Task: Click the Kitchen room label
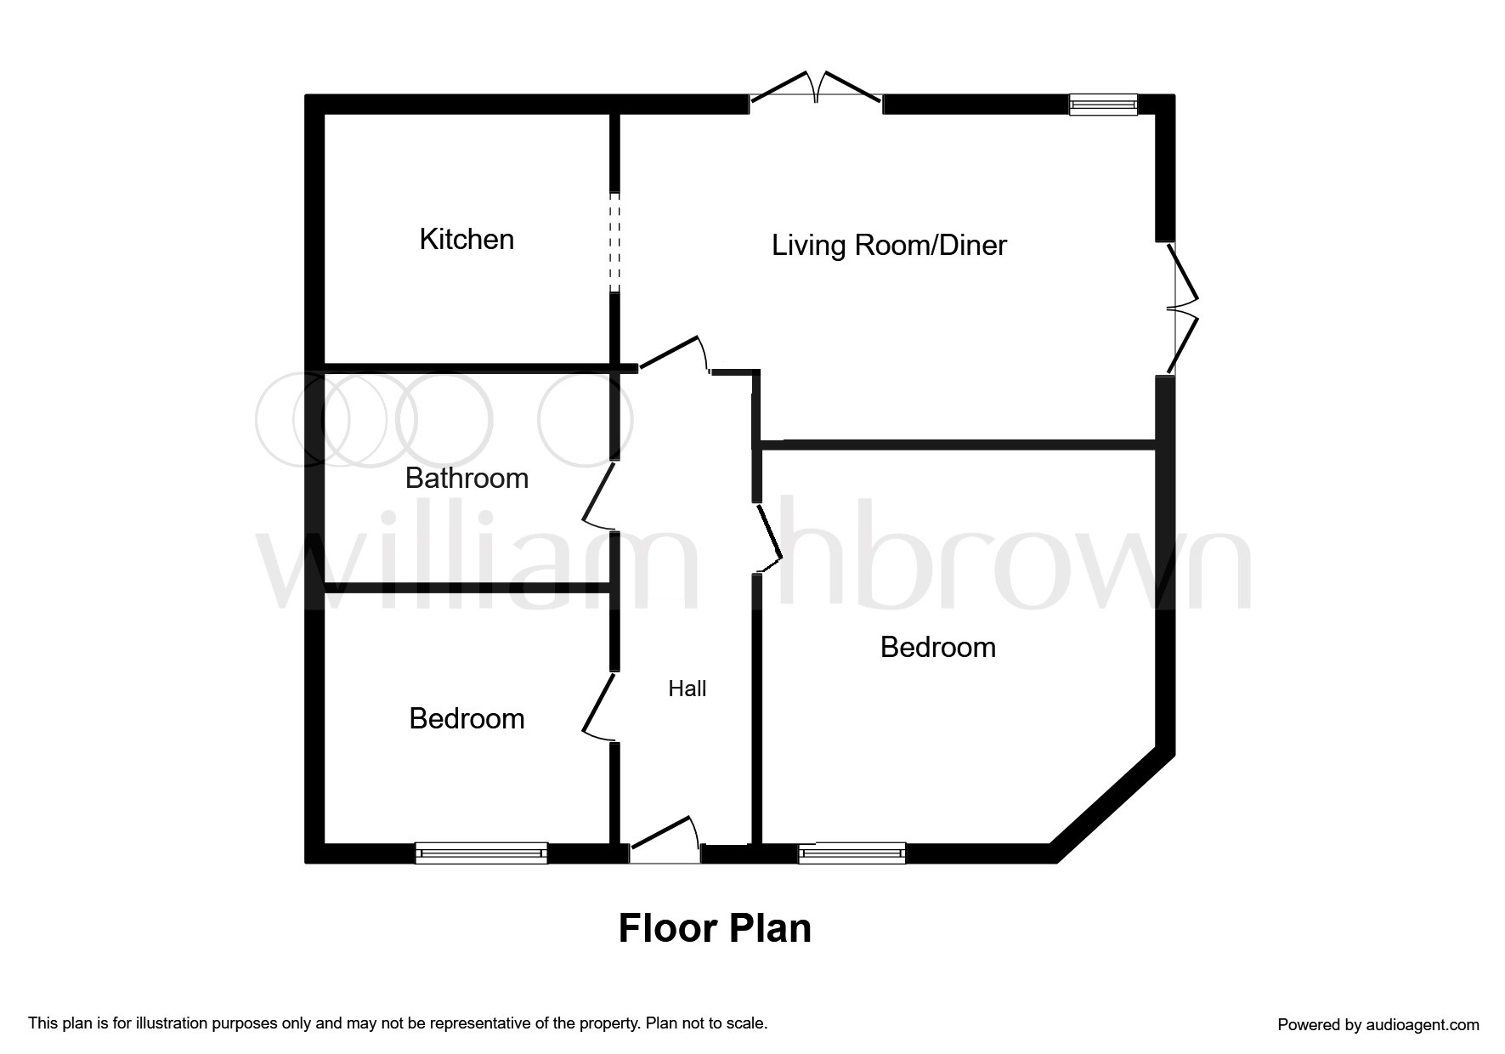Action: coord(467,240)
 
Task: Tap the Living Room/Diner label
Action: coord(889,246)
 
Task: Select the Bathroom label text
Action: coord(467,479)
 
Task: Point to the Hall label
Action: coord(687,688)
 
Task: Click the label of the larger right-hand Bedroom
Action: coord(937,648)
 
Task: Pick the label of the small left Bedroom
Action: coord(467,719)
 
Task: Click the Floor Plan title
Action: coord(715,928)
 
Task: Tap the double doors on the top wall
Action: coord(816,92)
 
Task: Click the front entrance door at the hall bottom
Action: coord(665,841)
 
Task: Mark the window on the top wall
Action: coord(1102,105)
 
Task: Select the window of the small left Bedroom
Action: coord(481,853)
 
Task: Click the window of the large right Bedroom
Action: coord(852,853)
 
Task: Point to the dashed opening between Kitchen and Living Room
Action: coord(614,242)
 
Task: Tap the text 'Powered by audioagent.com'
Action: coord(1378,1025)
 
